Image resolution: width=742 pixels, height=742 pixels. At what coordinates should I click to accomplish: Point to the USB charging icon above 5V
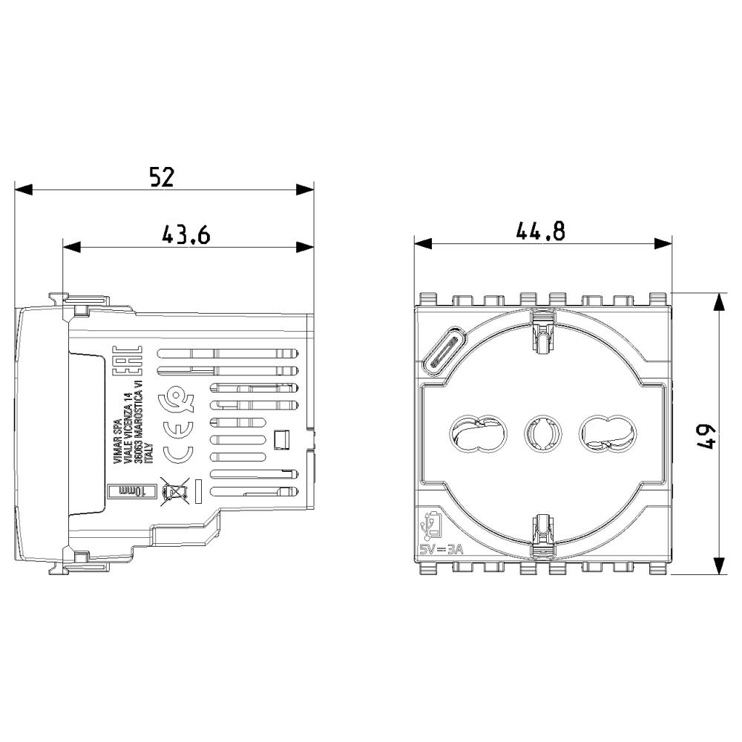[433, 525]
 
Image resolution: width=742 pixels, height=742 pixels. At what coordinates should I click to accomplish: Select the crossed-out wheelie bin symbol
[174, 490]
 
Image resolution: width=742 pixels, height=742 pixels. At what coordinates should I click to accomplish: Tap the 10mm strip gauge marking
[134, 491]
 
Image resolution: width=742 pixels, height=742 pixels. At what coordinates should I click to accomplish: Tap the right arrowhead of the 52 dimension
[305, 189]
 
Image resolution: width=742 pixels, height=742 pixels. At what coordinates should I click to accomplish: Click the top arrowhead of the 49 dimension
[718, 301]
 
